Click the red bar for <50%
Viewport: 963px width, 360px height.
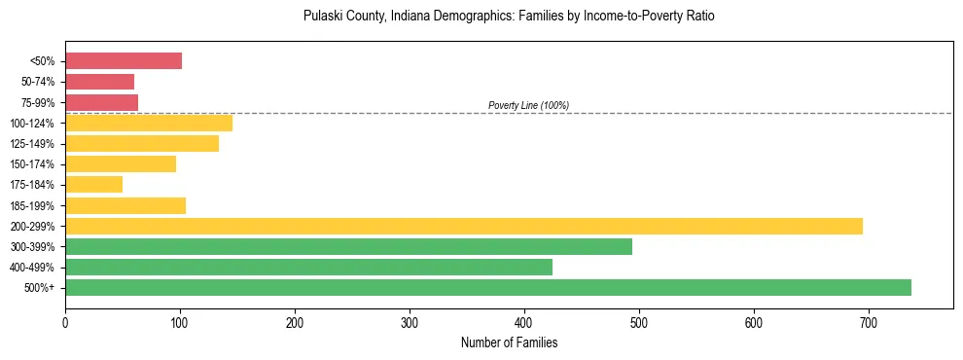point(124,61)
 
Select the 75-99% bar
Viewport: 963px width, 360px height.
point(101,102)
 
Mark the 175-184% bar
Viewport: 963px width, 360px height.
point(93,184)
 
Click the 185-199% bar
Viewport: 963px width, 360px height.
point(125,205)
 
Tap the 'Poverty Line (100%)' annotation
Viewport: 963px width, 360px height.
point(528,105)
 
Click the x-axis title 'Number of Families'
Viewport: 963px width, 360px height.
point(509,342)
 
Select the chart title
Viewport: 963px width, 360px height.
point(509,17)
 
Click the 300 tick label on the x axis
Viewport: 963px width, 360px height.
point(410,321)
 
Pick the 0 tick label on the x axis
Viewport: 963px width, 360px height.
point(65,321)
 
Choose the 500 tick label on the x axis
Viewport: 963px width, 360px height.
point(639,321)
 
